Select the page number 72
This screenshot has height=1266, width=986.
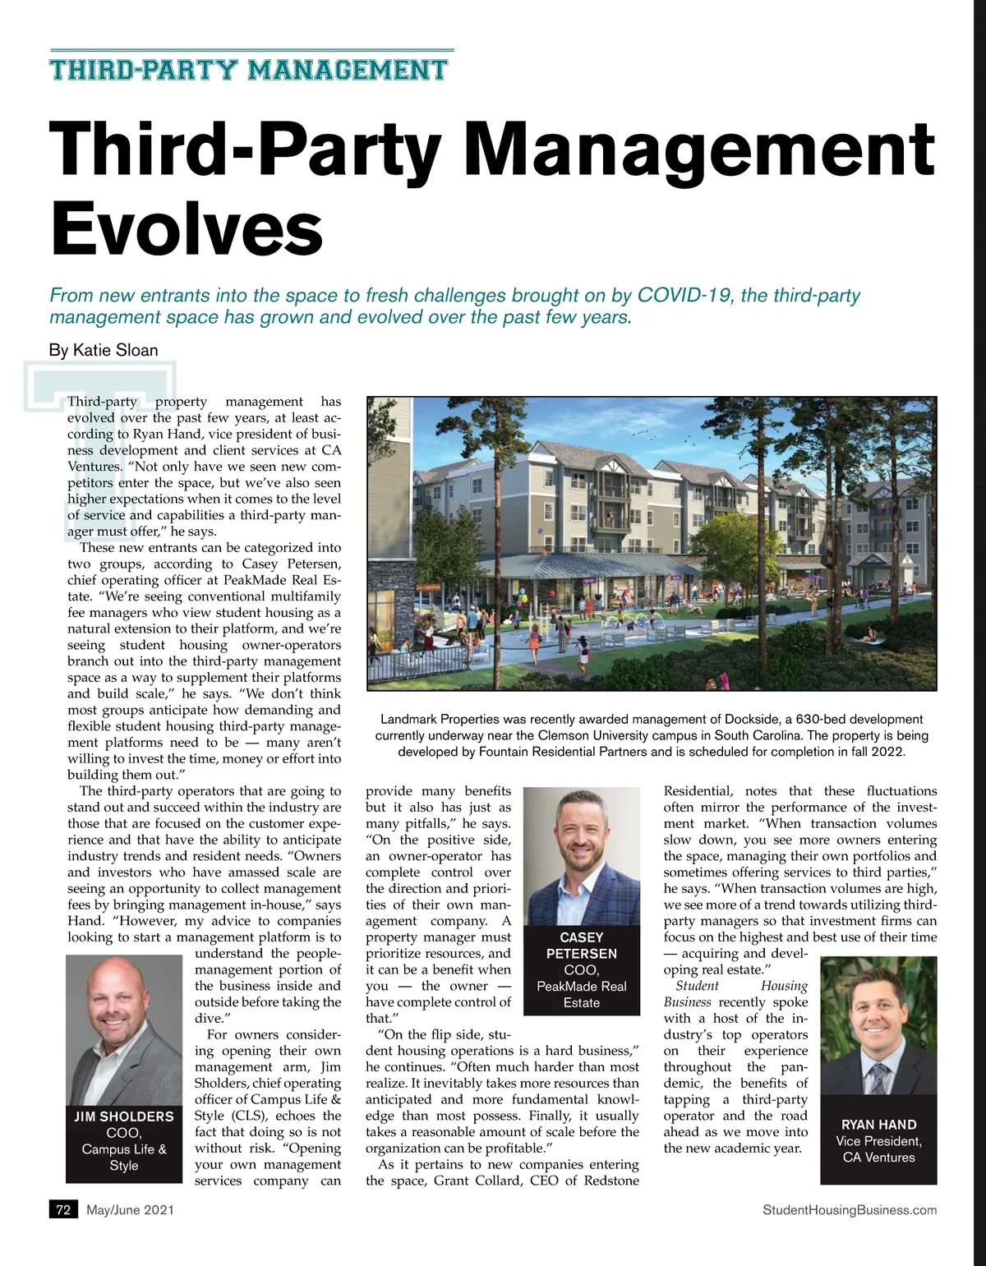point(63,1209)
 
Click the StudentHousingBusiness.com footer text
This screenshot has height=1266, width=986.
point(850,1209)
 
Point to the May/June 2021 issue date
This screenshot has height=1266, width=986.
point(130,1209)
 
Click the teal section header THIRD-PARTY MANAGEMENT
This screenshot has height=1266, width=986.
point(249,70)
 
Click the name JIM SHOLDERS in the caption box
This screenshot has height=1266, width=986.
point(124,1116)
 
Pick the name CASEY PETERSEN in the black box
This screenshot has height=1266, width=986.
point(582,946)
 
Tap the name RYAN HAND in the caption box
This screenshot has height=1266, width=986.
point(878,1125)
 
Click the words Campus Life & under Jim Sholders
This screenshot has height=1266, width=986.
point(124,1149)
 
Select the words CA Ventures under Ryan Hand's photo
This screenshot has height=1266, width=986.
point(878,1158)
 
